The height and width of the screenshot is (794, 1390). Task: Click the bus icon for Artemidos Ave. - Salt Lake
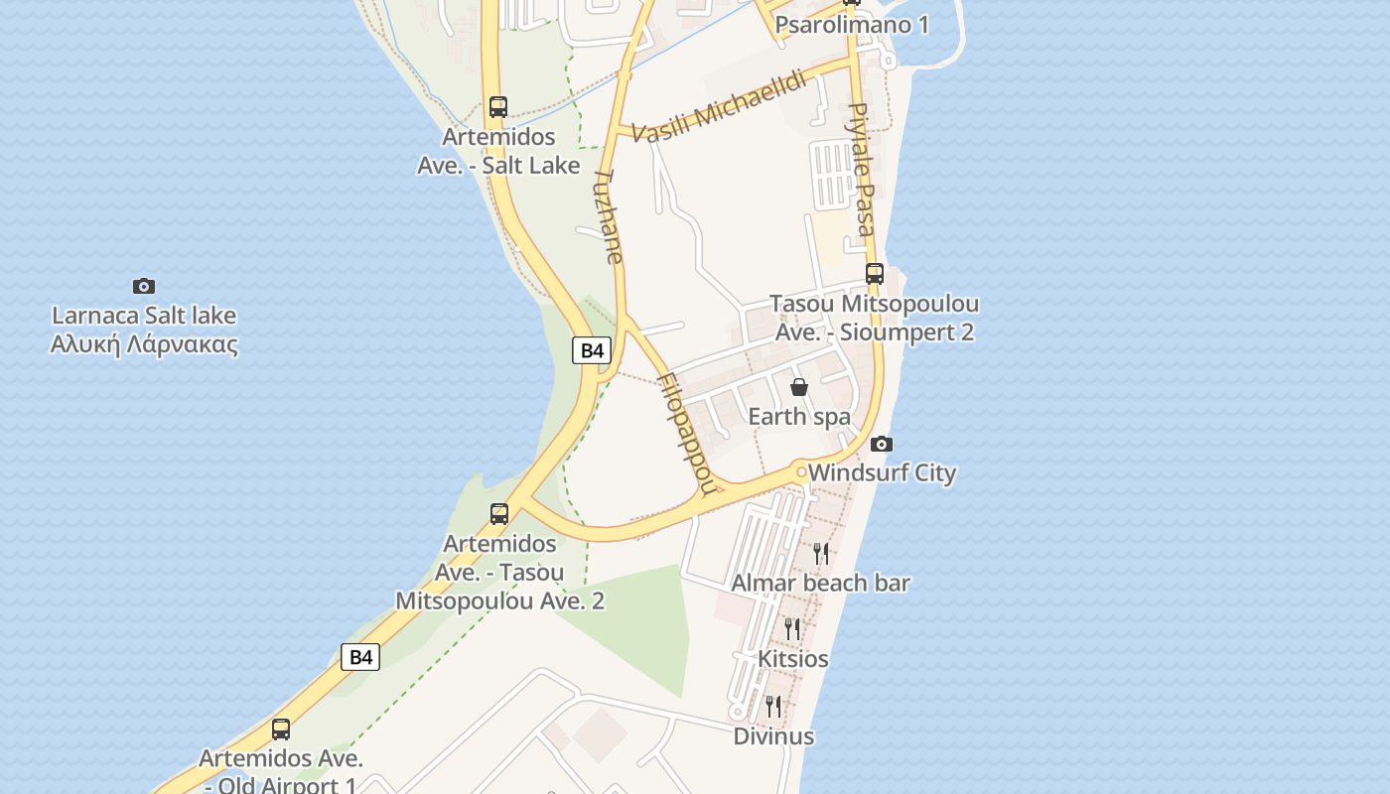click(x=498, y=106)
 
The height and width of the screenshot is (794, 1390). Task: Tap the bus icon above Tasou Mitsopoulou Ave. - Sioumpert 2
click(x=875, y=273)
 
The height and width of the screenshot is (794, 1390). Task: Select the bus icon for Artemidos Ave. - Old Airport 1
click(x=281, y=729)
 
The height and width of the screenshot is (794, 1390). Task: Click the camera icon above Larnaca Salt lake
click(x=144, y=286)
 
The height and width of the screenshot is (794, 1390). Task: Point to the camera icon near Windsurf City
click(x=881, y=444)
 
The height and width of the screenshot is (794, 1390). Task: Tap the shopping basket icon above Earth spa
click(x=799, y=387)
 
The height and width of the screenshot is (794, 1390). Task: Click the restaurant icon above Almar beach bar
click(x=821, y=553)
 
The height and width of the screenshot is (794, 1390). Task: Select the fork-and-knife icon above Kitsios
click(x=792, y=628)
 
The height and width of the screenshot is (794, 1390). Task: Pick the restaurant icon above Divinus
click(x=772, y=706)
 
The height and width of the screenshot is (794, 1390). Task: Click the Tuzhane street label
click(x=608, y=215)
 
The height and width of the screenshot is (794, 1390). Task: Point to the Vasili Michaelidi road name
click(x=719, y=107)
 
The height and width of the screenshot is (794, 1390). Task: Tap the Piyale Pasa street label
click(x=861, y=169)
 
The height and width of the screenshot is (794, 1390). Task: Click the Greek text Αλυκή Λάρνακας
click(x=144, y=344)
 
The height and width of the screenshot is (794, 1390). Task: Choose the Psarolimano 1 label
click(x=852, y=25)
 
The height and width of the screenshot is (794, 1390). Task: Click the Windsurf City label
click(x=882, y=472)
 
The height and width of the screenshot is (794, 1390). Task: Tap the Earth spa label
click(x=799, y=416)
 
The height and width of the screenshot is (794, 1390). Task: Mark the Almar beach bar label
click(x=820, y=583)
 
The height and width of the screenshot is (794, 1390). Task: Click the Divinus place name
click(x=773, y=736)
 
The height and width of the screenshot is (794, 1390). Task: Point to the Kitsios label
click(x=792, y=659)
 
